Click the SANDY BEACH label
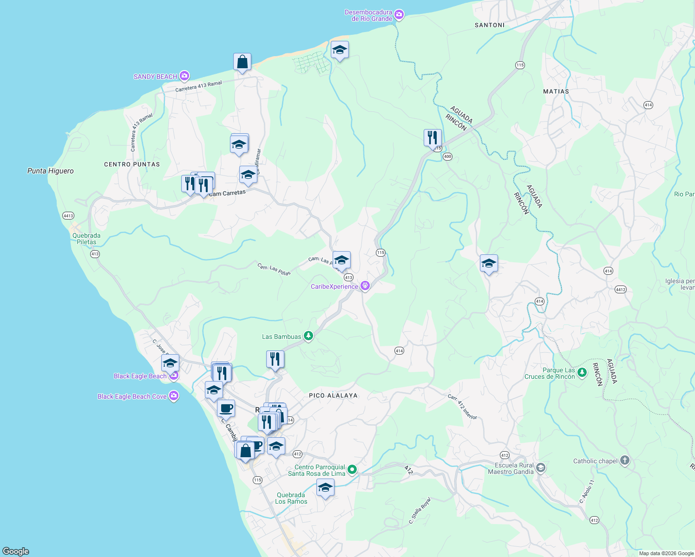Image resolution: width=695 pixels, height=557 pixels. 155,77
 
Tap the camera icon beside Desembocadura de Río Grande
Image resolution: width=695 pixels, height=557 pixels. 399,15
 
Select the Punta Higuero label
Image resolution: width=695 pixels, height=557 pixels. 50,171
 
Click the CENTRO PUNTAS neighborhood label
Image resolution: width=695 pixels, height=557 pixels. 132,164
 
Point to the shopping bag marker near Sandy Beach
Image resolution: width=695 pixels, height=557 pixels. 242,62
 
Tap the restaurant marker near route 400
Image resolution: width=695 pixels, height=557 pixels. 433,137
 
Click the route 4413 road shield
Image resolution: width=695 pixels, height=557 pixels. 68,216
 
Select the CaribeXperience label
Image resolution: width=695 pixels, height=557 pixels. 334,286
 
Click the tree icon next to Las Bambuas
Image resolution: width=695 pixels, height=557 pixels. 308,337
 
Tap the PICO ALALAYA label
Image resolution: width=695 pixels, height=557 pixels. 333,395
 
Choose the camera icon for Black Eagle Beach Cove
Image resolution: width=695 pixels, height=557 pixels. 174,396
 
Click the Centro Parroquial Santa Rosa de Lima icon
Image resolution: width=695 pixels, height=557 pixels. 352,470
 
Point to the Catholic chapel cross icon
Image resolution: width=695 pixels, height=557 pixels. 625,460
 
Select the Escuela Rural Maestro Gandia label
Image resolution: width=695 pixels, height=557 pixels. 511,468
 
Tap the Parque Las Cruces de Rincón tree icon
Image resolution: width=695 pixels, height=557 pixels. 582,372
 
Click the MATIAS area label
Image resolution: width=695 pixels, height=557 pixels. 556,91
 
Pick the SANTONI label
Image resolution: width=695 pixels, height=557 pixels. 489,25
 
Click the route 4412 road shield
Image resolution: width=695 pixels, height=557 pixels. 621,289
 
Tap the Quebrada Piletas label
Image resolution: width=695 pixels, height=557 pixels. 86,239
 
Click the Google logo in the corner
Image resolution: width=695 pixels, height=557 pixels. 16,551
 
